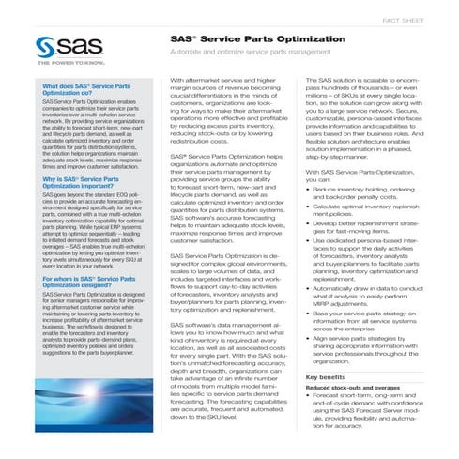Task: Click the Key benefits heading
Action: click(332, 377)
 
